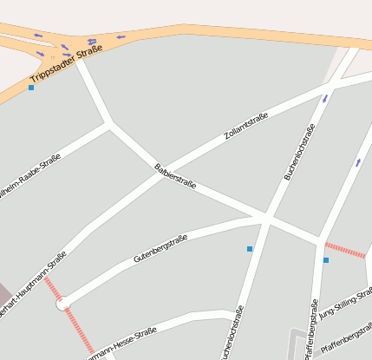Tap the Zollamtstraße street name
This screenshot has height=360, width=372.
coord(246,127)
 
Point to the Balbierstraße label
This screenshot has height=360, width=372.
coord(175,176)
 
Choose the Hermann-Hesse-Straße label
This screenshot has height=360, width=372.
coord(121,344)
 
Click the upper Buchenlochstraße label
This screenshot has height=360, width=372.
coord(299,152)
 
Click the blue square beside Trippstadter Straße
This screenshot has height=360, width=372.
coord(31,88)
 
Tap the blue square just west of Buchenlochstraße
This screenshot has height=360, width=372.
coord(250,249)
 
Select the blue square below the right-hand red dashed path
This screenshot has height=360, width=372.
coord(326,260)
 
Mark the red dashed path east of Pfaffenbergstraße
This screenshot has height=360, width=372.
coord(344,250)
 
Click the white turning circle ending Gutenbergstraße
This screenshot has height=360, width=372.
coord(62,304)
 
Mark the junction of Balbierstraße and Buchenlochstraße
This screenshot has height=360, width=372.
coord(266,217)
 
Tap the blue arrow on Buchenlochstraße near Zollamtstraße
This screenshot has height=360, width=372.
coord(326,98)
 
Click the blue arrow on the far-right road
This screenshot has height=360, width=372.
coord(358,162)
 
